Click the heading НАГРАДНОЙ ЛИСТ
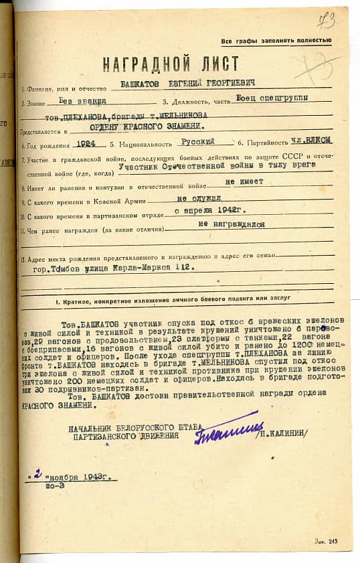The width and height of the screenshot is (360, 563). (x=171, y=65)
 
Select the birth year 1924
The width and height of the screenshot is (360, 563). (x=91, y=143)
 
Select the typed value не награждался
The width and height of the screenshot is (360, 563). (x=227, y=226)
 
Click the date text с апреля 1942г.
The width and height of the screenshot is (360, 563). (x=207, y=211)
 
